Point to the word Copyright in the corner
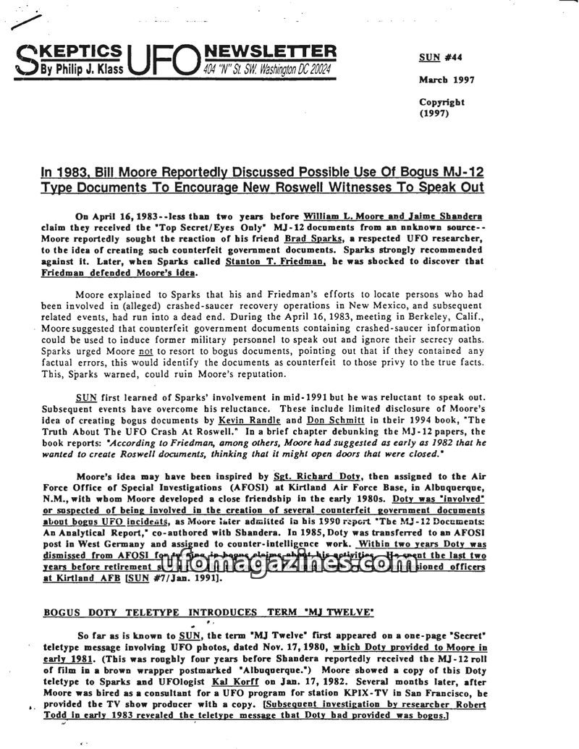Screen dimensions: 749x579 point(441,102)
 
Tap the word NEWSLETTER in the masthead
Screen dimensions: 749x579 point(271,51)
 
